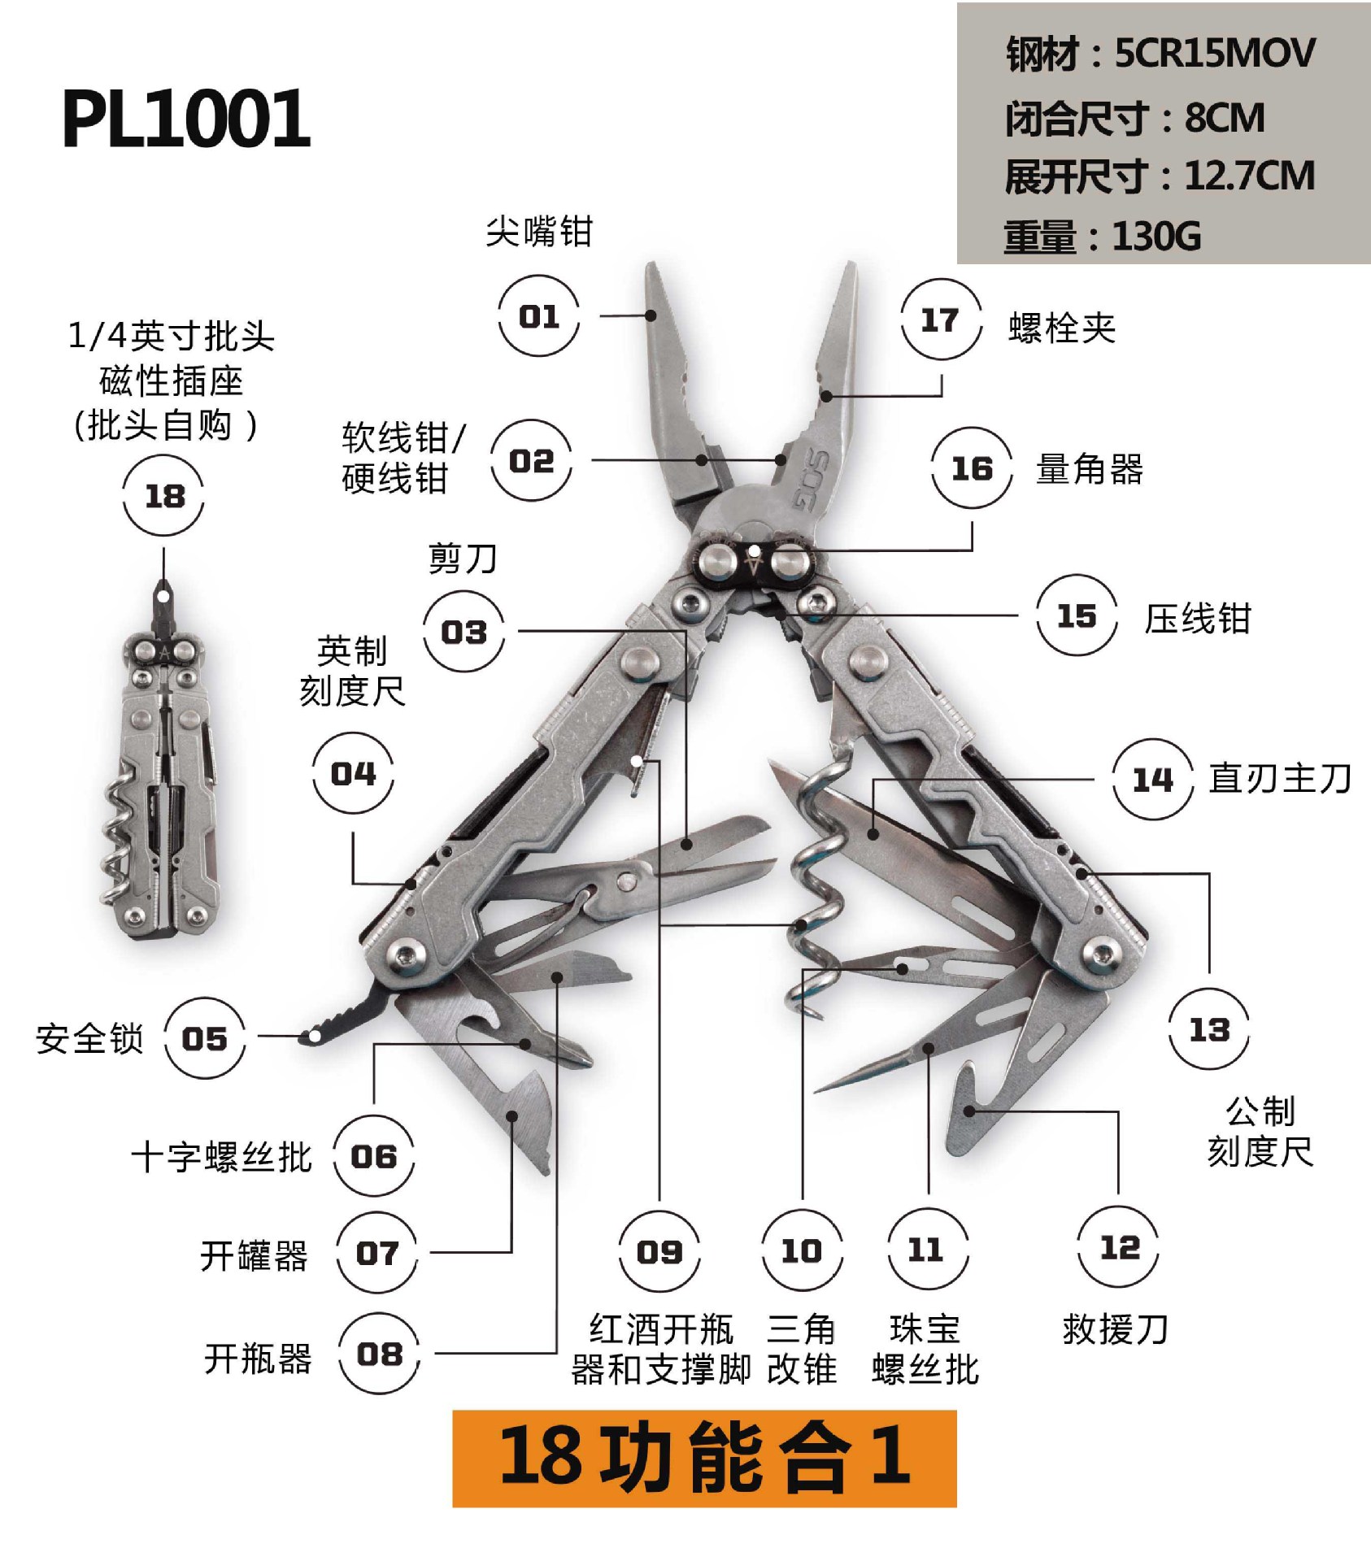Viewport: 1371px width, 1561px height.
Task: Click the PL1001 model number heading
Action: tap(186, 119)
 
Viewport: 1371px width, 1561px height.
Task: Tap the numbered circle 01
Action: tap(538, 315)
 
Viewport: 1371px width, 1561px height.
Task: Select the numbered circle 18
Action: tap(163, 495)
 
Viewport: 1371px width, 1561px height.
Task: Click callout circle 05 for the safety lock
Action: tap(204, 1038)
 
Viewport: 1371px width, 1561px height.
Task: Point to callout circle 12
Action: tap(1119, 1247)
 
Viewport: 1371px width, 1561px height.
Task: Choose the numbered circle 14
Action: tap(1152, 780)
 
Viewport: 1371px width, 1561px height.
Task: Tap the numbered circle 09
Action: tap(659, 1251)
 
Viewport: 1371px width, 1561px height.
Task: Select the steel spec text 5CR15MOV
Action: tap(1214, 54)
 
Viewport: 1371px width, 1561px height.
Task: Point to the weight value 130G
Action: tap(1156, 237)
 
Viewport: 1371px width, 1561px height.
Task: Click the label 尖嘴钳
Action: tap(539, 232)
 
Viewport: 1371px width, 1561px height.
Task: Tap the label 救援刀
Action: tap(1116, 1330)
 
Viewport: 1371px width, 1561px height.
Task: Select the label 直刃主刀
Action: tap(1280, 778)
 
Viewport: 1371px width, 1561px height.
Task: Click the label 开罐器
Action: tap(254, 1256)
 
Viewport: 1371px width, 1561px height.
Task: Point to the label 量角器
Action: tap(1089, 469)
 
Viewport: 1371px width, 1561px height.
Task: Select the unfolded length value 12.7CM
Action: tap(1249, 176)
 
